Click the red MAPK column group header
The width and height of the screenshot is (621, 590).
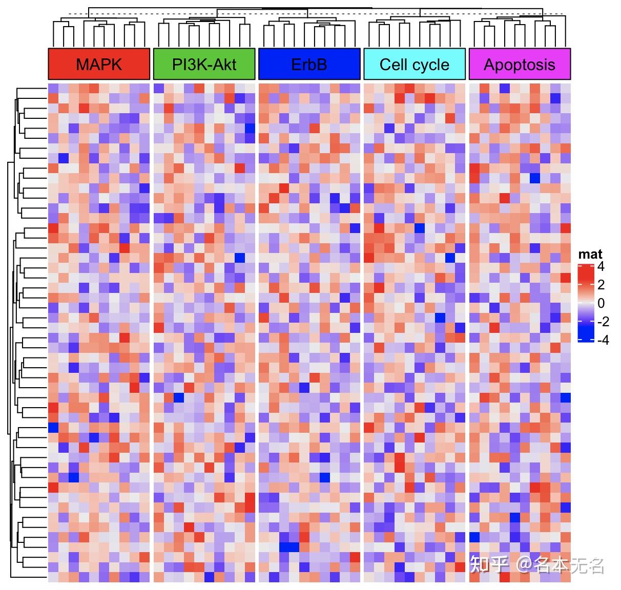99,65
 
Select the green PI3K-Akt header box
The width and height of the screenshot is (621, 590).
204,65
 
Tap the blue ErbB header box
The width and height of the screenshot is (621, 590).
309,65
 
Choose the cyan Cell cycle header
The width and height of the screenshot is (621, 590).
415,65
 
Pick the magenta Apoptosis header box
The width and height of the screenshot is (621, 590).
520,65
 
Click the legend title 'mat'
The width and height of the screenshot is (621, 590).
590,255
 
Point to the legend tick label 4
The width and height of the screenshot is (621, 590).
601,266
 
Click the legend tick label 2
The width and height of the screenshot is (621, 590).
601,285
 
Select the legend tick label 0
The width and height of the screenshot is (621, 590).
601,303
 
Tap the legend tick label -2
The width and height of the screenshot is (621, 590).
603,322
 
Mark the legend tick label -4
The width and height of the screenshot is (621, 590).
603,340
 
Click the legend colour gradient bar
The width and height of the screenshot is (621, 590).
585,303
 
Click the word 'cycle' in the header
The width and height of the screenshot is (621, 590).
433,65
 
